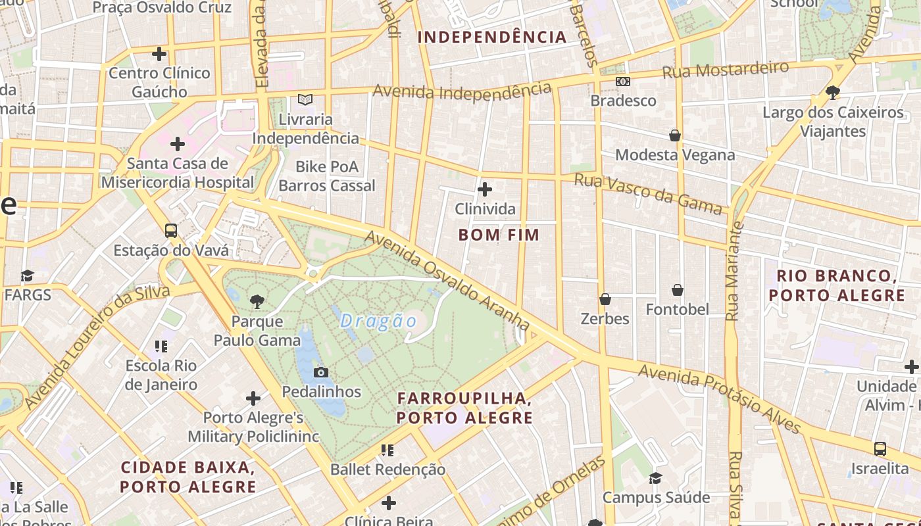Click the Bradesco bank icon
tap(622, 82)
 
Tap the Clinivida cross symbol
tap(485, 189)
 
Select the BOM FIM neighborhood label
tap(499, 235)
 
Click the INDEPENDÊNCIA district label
tap(492, 37)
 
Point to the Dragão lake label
tap(379, 321)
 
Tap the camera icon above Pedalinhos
tap(321, 372)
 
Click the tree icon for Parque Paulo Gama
tap(257, 302)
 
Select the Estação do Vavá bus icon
tap(171, 231)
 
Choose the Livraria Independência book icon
tap(305, 100)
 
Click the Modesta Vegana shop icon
tap(674, 135)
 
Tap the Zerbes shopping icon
tap(605, 299)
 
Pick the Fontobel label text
tap(677, 309)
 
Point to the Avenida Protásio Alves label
tap(720, 400)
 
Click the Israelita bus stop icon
tap(880, 449)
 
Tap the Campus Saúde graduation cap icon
tap(655, 478)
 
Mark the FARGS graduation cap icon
tap(27, 275)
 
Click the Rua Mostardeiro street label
tap(725, 70)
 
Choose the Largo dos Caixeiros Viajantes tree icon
tap(833, 92)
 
